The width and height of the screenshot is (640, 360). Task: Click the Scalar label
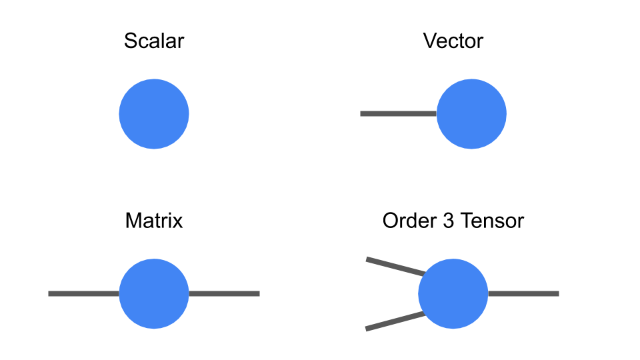(x=154, y=41)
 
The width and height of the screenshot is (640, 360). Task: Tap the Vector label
(x=453, y=41)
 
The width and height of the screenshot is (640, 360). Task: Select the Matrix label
(x=154, y=221)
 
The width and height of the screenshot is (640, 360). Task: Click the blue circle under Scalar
(x=154, y=113)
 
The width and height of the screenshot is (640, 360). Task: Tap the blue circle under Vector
(x=471, y=113)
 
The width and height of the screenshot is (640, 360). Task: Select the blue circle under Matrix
(x=154, y=293)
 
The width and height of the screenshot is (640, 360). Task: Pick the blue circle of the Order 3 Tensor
(x=453, y=293)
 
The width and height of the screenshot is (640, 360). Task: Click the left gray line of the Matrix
(x=84, y=293)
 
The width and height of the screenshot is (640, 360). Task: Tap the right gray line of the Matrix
(x=224, y=293)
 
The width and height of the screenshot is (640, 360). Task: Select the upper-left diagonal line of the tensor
(x=395, y=266)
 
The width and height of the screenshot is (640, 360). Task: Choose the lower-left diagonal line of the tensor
(x=395, y=321)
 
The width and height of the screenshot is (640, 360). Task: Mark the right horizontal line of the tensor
(x=523, y=293)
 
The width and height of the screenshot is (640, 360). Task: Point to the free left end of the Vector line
(x=362, y=113)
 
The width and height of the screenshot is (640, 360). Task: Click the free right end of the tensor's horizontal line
(x=557, y=293)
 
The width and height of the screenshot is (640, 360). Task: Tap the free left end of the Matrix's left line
(x=50, y=293)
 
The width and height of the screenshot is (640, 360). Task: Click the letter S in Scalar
(x=131, y=41)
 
